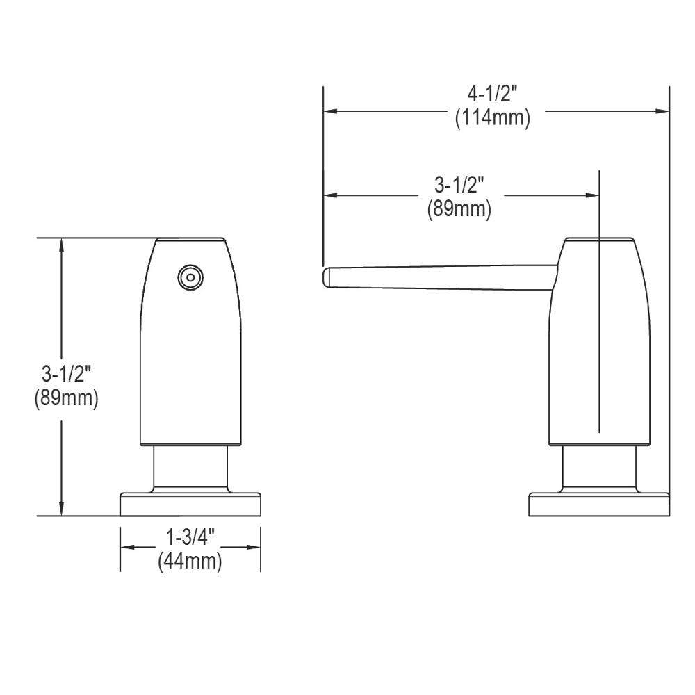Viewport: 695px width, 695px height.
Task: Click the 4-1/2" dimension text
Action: [x=493, y=94]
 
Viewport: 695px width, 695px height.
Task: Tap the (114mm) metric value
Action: [x=493, y=118]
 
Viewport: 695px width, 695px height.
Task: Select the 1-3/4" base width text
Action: [x=190, y=537]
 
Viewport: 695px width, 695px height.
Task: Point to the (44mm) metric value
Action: [x=190, y=560]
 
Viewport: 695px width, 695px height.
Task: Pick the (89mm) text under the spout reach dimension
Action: [x=459, y=208]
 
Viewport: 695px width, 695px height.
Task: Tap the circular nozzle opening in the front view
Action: [x=190, y=277]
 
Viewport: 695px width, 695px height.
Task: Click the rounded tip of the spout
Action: [x=327, y=277]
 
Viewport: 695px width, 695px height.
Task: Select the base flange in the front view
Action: [x=190, y=505]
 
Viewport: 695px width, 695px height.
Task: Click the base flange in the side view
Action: [x=598, y=505]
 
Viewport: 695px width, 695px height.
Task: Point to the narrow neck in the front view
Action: [x=190, y=469]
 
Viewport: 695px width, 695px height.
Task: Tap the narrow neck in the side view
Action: [x=598, y=469]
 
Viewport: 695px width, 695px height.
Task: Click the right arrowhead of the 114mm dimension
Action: [x=663, y=111]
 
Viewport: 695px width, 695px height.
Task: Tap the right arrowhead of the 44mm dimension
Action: [x=255, y=548]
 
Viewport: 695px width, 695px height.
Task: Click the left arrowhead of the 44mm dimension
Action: [x=126, y=548]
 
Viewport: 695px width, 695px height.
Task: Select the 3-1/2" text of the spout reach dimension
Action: [x=459, y=185]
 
